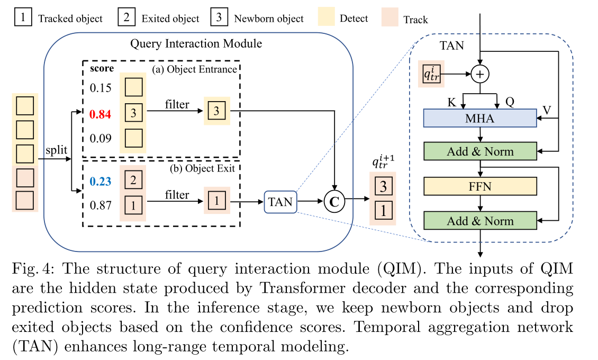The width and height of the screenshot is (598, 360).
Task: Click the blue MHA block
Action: [480, 118]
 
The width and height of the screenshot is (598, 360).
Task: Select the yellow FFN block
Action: [480, 186]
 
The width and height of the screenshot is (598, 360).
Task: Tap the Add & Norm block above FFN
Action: [480, 152]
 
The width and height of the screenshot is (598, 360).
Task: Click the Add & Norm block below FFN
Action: [480, 221]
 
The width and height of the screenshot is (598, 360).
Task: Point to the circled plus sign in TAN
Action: [479, 75]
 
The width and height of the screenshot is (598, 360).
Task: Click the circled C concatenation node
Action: [334, 201]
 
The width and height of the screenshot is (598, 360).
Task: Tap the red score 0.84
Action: [101, 112]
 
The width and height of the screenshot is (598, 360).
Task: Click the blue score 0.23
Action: [101, 182]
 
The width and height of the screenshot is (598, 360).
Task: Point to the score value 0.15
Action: [101, 88]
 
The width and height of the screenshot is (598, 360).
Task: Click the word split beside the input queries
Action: [56, 150]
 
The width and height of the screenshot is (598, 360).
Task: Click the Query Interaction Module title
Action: [196, 42]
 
